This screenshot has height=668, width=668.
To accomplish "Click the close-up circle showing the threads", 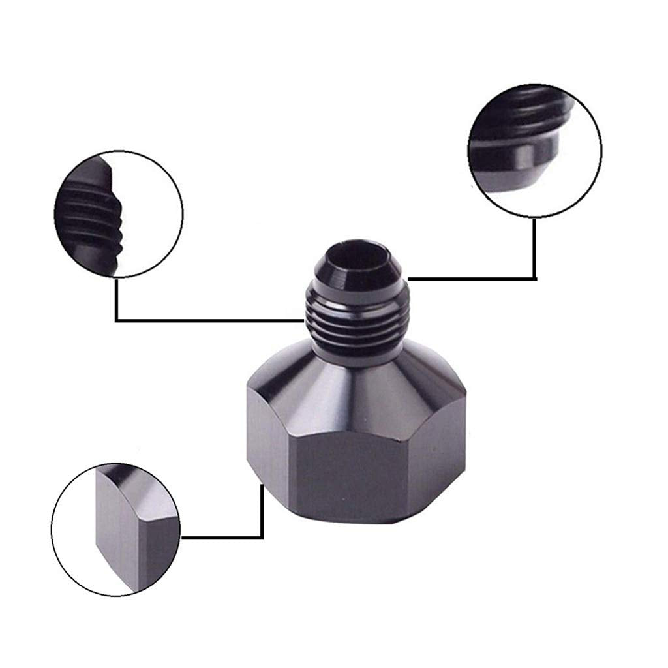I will [x=117, y=215].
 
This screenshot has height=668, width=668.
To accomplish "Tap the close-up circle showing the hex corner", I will [x=117, y=528].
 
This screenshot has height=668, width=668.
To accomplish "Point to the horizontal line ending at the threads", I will [x=209, y=320].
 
